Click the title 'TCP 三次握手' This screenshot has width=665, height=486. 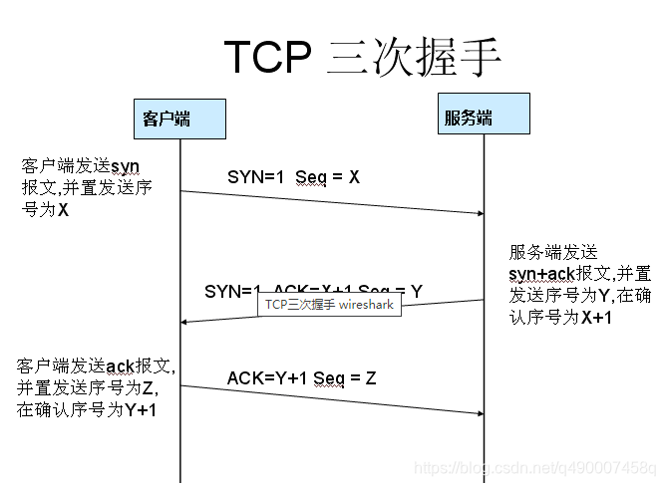coord(362,57)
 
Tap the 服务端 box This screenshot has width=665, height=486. coord(484,119)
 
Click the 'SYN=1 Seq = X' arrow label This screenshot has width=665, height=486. coord(293,176)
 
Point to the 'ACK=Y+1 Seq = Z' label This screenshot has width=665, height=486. coord(301,377)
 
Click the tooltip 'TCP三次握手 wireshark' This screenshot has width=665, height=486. coord(330,305)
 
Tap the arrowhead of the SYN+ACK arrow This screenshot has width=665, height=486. coord(184,322)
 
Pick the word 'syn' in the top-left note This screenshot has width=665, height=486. coord(125,165)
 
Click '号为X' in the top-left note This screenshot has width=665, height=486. coord(45,209)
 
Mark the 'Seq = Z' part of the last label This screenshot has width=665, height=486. coord(345,377)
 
